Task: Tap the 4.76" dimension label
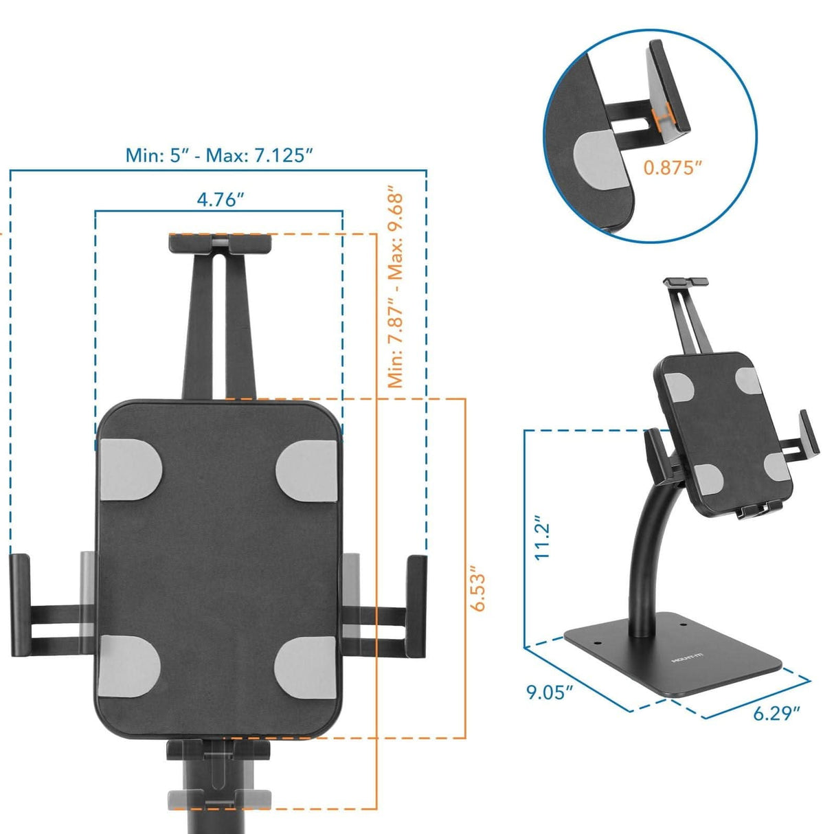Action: [x=220, y=200]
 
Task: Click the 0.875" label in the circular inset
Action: [x=673, y=167]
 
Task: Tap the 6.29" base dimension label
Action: [x=777, y=713]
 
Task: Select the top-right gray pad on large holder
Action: [x=306, y=470]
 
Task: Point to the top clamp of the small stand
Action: [x=685, y=282]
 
